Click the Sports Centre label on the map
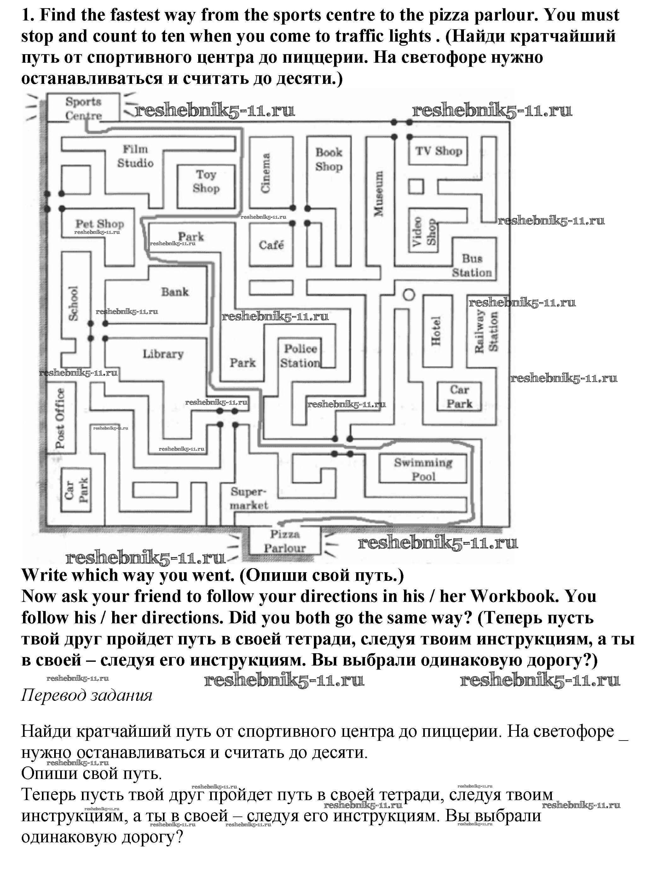[x=84, y=108]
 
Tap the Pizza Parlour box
[x=285, y=541]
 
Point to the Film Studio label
[x=135, y=156]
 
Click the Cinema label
[x=266, y=173]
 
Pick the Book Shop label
[x=329, y=159]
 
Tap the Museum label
[x=379, y=193]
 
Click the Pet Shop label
[x=100, y=224]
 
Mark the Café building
[x=271, y=245]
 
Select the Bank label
[x=175, y=292]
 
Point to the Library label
[x=163, y=354]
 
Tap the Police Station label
[x=301, y=355]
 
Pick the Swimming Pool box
[x=423, y=469]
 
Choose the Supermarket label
[x=249, y=499]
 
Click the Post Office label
[x=60, y=418]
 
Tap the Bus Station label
[x=472, y=265]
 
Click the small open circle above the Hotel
[x=409, y=295]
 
